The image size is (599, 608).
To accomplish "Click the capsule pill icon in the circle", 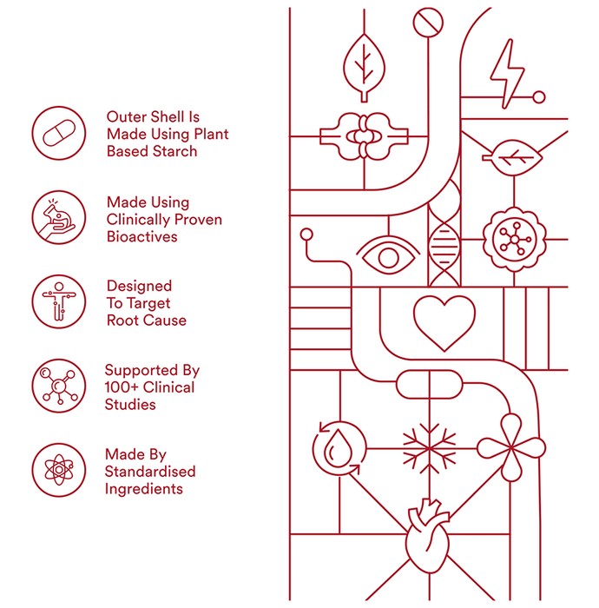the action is click(x=58, y=133).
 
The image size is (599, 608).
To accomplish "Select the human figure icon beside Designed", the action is click(x=58, y=301).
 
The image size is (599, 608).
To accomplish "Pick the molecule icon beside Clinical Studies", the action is click(x=58, y=386).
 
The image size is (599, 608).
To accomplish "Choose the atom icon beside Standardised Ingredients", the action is click(x=58, y=470).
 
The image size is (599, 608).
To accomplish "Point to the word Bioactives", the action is click(x=142, y=237).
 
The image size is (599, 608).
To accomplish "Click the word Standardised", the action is click(x=150, y=472).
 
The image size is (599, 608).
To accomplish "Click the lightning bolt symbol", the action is click(x=507, y=74).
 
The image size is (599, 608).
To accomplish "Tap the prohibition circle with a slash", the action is click(x=428, y=23).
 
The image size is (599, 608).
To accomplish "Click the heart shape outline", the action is click(x=444, y=323).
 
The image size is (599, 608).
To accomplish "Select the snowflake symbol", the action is click(x=430, y=449).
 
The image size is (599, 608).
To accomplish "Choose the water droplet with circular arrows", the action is click(x=339, y=449).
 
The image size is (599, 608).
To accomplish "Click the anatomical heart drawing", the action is click(x=428, y=536).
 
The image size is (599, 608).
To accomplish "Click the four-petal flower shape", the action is click(x=511, y=448).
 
